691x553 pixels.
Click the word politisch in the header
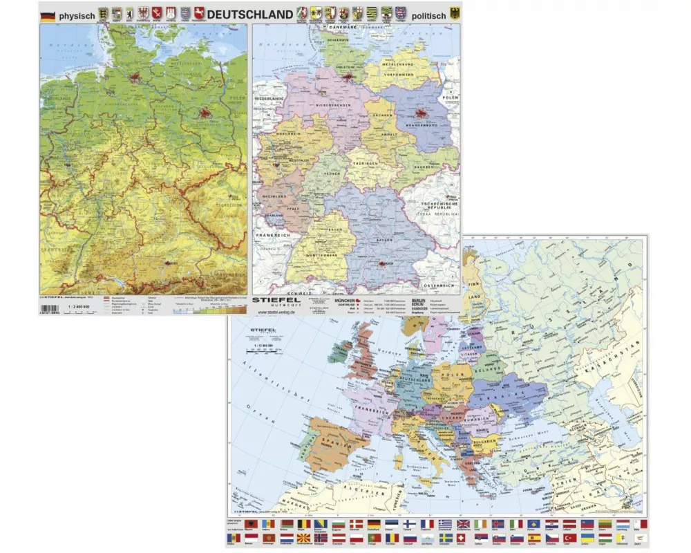(x=428, y=15)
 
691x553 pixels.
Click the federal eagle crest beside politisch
(x=455, y=14)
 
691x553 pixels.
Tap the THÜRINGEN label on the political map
(x=364, y=163)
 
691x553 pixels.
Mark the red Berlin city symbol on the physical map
(x=205, y=113)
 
